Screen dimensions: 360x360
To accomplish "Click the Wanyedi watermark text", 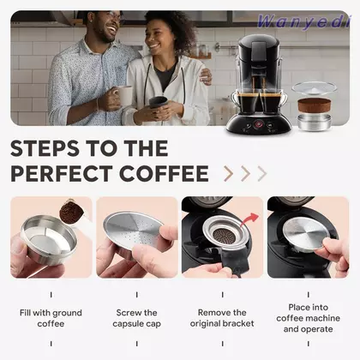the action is click(x=303, y=21).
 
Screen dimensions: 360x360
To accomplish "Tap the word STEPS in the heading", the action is click(x=45, y=148).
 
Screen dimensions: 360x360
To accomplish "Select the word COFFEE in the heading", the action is click(x=164, y=173).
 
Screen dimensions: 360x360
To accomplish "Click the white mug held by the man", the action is click(x=124, y=96).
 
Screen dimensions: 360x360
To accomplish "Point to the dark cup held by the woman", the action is click(x=159, y=102).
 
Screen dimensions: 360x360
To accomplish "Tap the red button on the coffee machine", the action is click(x=258, y=124).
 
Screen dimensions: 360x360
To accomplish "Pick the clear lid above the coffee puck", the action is click(x=315, y=87).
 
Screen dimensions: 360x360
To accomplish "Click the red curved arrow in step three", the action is click(x=249, y=219).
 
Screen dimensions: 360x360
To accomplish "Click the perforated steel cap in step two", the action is click(x=132, y=229).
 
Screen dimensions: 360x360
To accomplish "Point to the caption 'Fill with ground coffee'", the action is click(x=51, y=318).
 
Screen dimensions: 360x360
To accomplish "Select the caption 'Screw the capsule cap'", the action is click(x=137, y=318).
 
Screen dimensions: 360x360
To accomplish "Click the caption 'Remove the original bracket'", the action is click(x=222, y=318).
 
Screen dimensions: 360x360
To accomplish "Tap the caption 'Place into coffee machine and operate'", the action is click(x=308, y=318).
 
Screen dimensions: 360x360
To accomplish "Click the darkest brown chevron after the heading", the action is click(x=229, y=173).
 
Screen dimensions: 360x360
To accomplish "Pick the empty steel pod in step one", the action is click(x=49, y=238).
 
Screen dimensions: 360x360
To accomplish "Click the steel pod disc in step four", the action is click(x=307, y=233).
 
